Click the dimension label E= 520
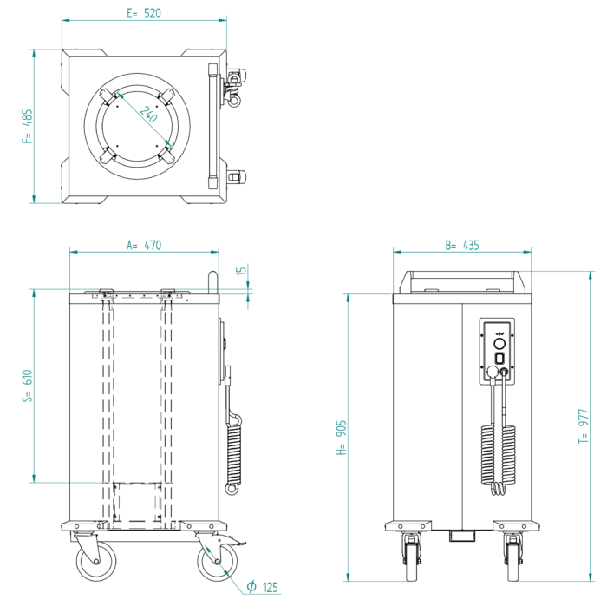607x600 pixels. point(144,14)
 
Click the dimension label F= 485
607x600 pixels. point(28,126)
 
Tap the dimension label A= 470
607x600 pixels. point(144,246)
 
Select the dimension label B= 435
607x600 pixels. point(461,246)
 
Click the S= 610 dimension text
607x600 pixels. point(28,386)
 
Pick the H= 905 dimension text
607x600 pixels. point(341,438)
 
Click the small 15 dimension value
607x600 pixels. point(242,272)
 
